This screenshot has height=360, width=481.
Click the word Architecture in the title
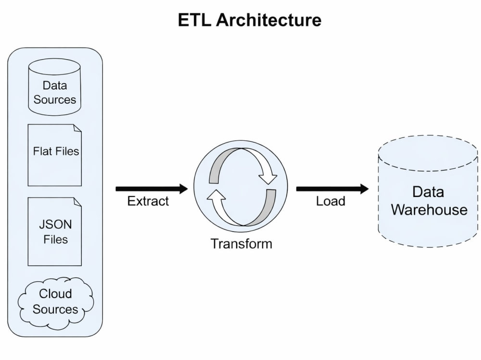click(x=269, y=20)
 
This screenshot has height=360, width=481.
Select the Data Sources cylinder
click(x=55, y=87)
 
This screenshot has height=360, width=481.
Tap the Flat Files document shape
click(x=55, y=155)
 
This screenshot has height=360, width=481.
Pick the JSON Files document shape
click(x=55, y=232)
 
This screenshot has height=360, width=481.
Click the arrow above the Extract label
click(x=152, y=188)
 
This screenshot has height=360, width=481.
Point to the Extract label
click(x=148, y=201)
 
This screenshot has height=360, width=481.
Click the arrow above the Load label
click(x=332, y=188)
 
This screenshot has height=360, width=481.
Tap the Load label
click(x=331, y=201)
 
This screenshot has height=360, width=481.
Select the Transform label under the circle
click(x=241, y=244)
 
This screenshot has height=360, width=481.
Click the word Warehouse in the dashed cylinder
click(x=429, y=210)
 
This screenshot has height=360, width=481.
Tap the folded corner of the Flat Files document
click(x=77, y=128)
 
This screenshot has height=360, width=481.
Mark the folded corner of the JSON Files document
click(x=77, y=201)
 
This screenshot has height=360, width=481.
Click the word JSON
click(x=55, y=224)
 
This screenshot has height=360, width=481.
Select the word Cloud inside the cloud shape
click(x=55, y=294)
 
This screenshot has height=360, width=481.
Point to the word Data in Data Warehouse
click(x=428, y=192)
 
